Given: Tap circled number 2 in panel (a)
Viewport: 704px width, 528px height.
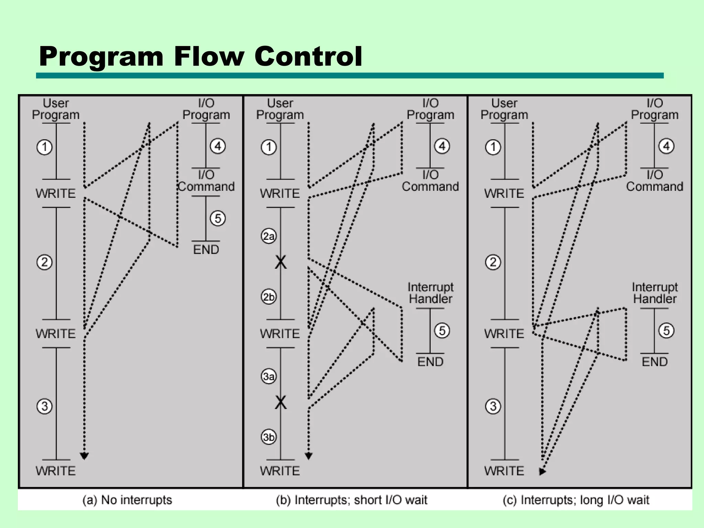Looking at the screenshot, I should tap(44, 263).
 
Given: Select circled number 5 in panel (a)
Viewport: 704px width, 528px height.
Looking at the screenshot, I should tap(218, 218).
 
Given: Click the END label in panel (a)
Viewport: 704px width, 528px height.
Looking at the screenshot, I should tap(206, 250).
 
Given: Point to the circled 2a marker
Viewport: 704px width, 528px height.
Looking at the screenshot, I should tap(269, 236).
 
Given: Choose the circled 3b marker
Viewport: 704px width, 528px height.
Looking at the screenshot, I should tap(269, 437).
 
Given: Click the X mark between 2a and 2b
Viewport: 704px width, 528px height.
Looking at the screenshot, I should tap(280, 262).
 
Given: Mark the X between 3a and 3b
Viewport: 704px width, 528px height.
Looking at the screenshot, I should tap(280, 402).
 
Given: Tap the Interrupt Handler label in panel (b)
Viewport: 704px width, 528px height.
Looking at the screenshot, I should tap(430, 293).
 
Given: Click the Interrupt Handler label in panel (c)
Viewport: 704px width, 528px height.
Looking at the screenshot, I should tap(654, 293).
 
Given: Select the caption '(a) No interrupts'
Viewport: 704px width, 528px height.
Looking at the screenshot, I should tap(127, 500).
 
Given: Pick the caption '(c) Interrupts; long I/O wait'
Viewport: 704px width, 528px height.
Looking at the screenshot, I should tap(576, 500).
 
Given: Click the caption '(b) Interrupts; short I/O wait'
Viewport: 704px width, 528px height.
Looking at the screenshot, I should tap(351, 500).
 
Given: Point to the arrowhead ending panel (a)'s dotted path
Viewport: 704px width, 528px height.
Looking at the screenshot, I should tap(84, 456).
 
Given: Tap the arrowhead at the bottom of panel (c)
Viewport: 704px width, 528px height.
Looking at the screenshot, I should tap(542, 471).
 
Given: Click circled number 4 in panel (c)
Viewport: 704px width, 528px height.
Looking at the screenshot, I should tap(666, 146).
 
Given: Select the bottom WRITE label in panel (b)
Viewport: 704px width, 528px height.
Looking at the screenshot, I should tap(280, 471).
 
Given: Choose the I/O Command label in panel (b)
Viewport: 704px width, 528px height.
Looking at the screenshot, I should tap(430, 181).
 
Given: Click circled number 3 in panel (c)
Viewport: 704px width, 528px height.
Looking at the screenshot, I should tap(493, 406).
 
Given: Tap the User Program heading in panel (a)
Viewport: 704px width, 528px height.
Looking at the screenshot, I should tap(56, 109).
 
